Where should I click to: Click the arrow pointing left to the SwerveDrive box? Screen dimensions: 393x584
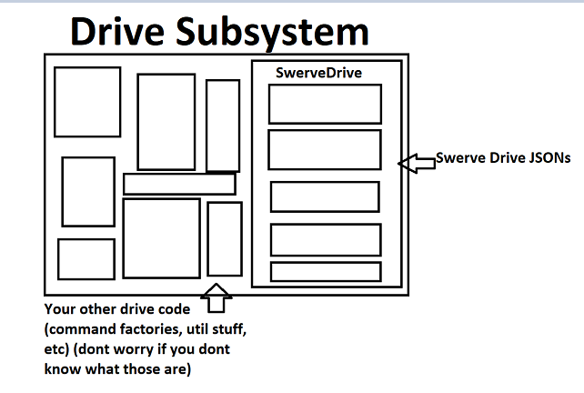(x=418, y=162)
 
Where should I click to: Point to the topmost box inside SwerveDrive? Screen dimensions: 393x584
(x=325, y=103)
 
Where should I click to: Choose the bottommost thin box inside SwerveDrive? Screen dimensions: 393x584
(x=325, y=271)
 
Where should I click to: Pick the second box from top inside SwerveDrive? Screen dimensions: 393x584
(x=325, y=149)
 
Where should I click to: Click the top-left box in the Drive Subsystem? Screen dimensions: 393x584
(x=87, y=101)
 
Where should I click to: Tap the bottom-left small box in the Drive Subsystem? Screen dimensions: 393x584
(x=86, y=258)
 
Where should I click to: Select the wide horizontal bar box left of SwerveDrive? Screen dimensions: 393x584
(x=179, y=184)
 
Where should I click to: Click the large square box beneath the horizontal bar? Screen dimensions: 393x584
(x=161, y=238)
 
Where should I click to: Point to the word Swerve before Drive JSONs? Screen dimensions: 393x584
(x=460, y=157)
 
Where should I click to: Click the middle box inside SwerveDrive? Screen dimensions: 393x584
(x=325, y=196)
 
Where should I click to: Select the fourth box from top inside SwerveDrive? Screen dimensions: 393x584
(x=325, y=239)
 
